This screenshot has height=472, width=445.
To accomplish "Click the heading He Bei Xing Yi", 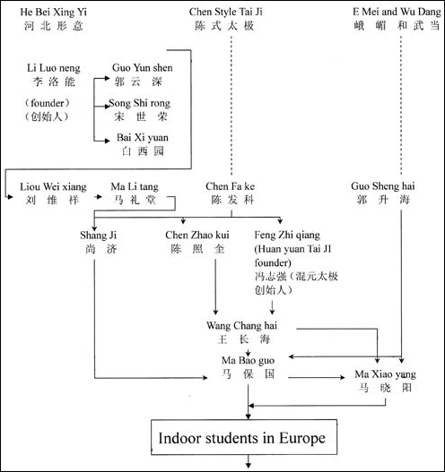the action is [53, 12].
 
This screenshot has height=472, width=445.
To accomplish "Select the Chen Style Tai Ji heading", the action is [225, 12].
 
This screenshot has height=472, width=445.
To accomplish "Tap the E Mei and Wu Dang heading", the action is [397, 12].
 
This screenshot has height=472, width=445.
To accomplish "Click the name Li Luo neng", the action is [54, 68].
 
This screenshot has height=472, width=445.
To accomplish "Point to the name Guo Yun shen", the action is [143, 68].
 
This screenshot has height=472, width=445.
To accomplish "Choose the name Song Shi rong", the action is [140, 104].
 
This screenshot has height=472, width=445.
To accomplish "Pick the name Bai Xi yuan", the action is [143, 138].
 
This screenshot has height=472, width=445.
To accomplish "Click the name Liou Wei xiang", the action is [53, 187].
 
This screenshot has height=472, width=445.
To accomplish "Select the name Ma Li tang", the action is [135, 187].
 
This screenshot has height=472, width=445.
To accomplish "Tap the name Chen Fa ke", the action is [230, 186].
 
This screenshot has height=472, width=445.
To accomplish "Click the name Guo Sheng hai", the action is [382, 186].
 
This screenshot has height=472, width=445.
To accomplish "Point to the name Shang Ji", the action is [98, 236].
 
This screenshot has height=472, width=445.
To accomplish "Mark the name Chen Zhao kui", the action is [197, 235].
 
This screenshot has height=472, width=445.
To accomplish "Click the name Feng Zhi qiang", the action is [287, 235].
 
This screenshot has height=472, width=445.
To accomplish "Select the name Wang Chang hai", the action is [241, 326].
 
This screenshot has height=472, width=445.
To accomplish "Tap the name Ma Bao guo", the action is [248, 361].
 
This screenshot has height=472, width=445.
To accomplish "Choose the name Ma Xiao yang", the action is [385, 374].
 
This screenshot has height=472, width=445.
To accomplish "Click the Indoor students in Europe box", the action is [244, 437].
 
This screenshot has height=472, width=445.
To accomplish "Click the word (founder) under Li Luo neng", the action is [48, 103].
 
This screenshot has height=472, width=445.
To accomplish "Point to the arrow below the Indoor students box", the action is [249, 461].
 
